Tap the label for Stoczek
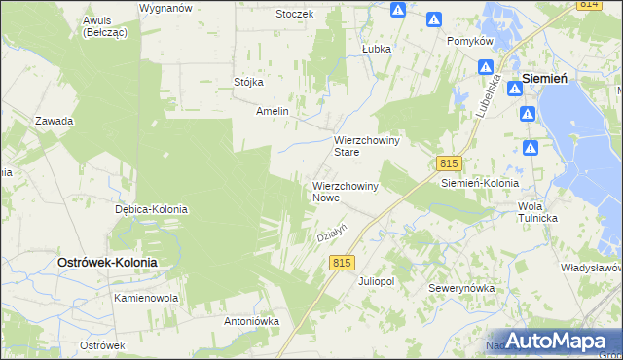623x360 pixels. [x=294, y=14]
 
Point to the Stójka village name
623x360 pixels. [x=249, y=82]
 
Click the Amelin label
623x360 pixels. [x=273, y=111]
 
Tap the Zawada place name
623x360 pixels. [x=55, y=121]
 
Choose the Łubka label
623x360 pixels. [x=376, y=48]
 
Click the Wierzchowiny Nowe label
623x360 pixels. [x=345, y=191]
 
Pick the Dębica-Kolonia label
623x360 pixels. [x=151, y=209]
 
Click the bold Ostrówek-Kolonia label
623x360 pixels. [x=107, y=263]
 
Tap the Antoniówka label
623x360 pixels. [x=252, y=320]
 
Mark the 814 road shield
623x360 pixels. [x=587, y=5]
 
